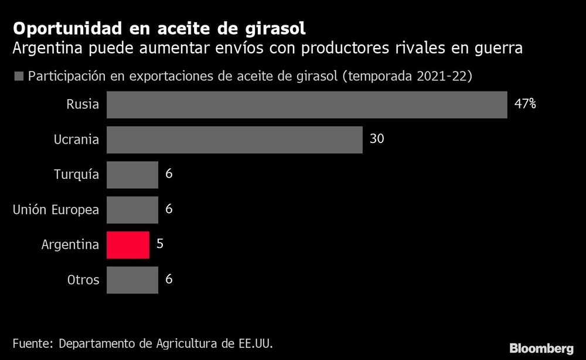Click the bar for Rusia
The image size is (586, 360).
(x=306, y=104)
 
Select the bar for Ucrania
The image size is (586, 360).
(x=234, y=140)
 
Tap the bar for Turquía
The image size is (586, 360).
(x=132, y=175)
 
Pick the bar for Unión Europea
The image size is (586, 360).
(x=132, y=209)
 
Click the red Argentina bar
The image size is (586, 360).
(x=128, y=244)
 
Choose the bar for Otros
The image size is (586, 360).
(x=132, y=280)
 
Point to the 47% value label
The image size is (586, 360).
(x=525, y=104)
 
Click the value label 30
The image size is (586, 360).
(x=376, y=140)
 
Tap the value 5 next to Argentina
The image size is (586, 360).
(x=160, y=244)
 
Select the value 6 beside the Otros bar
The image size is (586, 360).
(x=169, y=280)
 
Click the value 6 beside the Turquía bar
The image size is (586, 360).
(x=169, y=175)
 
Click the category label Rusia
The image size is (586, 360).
(x=83, y=105)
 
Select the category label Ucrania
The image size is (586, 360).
(x=76, y=140)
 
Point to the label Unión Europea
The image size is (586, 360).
(x=56, y=210)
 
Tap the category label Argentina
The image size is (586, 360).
(x=70, y=245)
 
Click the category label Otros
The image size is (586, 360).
(x=83, y=280)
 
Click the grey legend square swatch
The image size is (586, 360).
(x=18, y=76)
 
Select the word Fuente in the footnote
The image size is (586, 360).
(x=32, y=342)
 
